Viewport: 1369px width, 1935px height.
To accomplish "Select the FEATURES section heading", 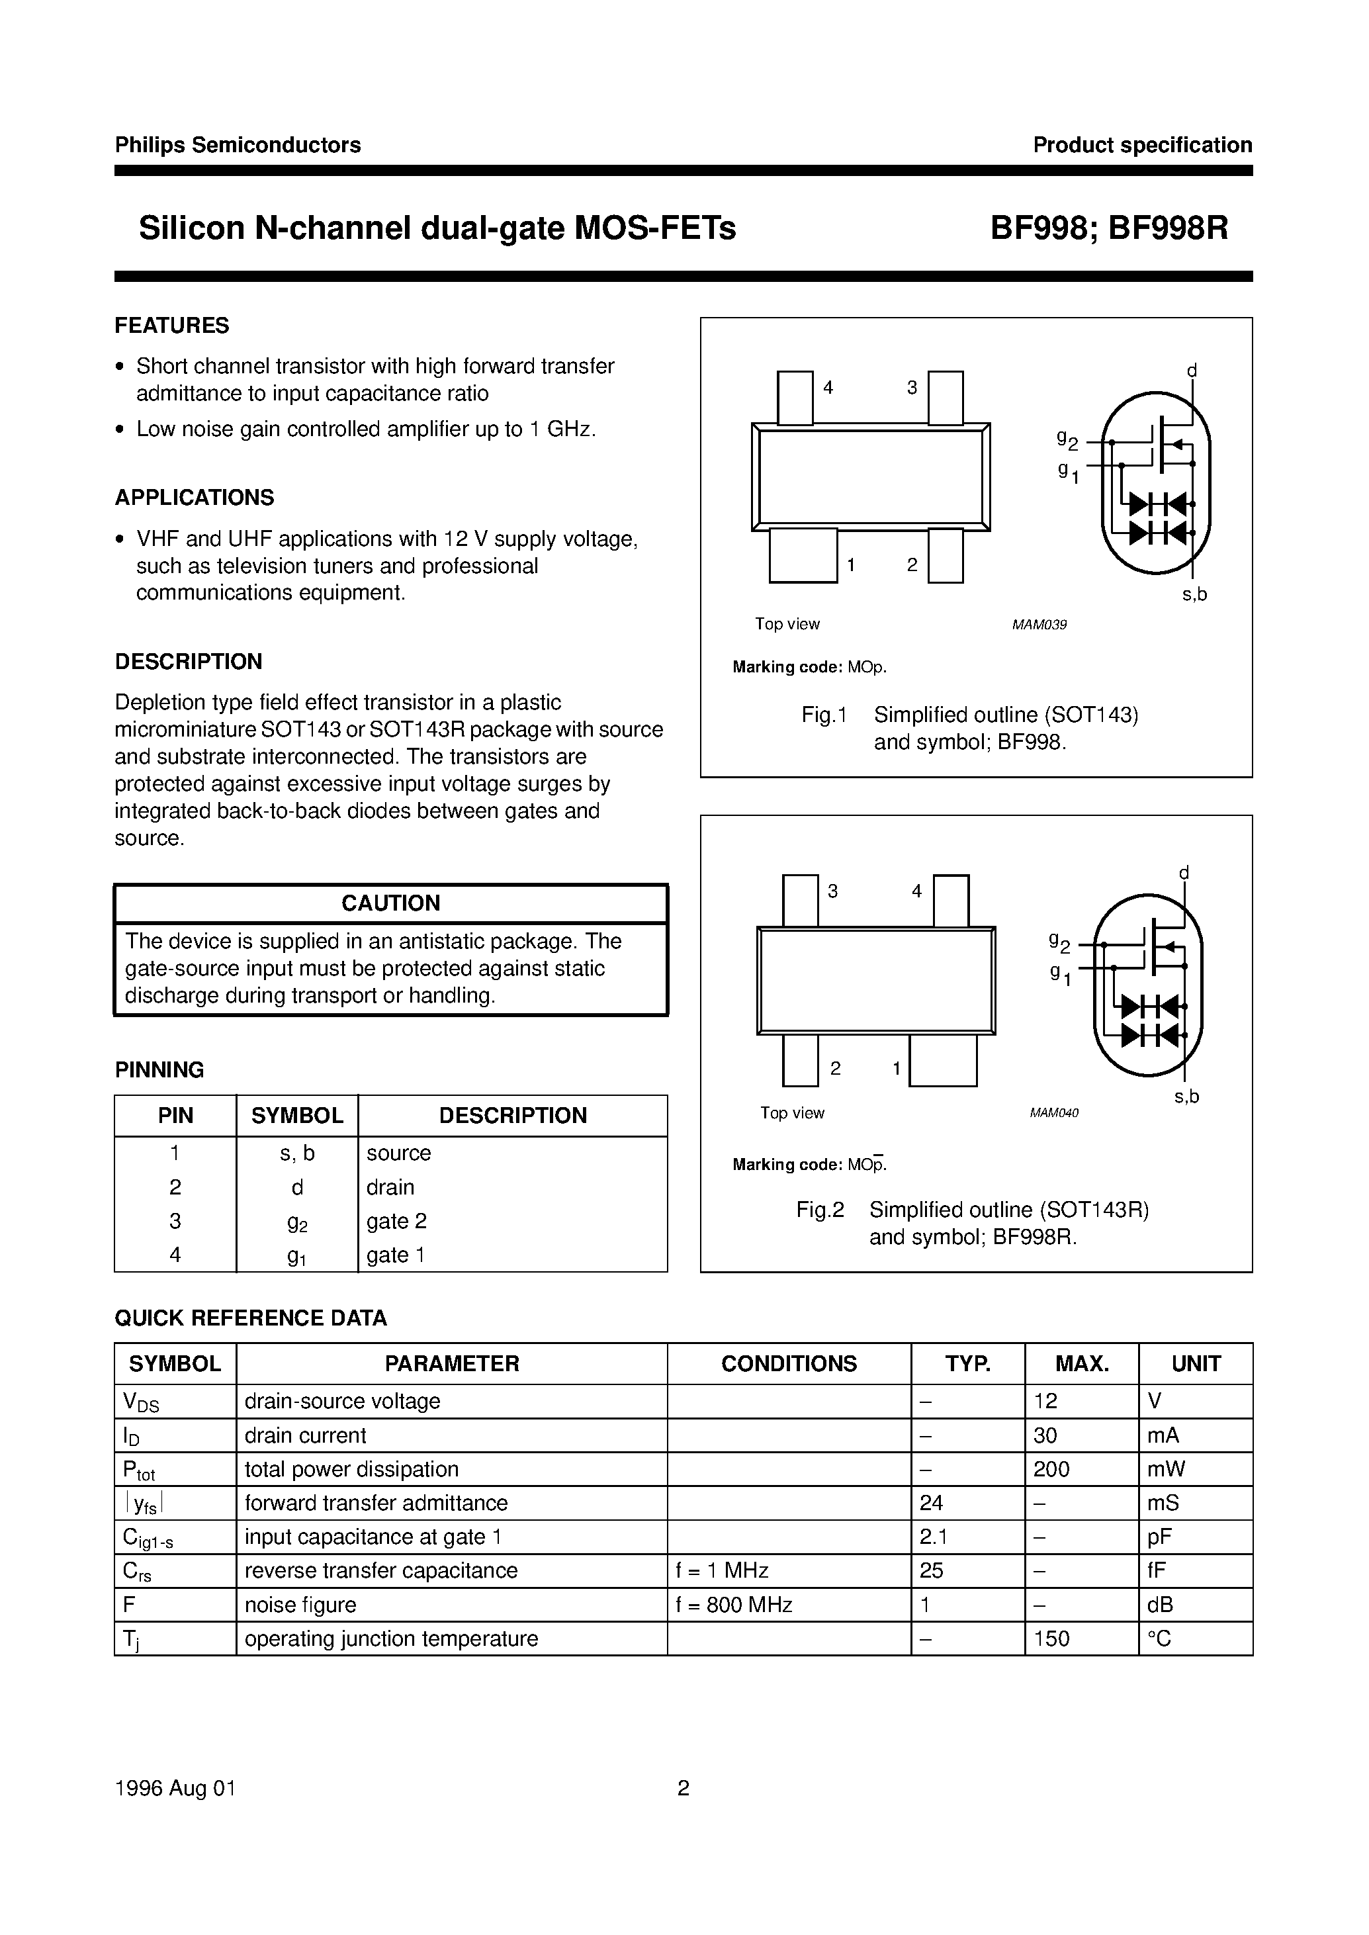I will tap(172, 326).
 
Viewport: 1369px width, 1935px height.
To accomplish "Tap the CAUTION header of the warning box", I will tap(390, 903).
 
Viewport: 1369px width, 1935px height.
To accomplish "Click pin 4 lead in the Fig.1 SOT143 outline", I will tap(794, 397).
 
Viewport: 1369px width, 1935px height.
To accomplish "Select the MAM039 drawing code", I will tap(1039, 625).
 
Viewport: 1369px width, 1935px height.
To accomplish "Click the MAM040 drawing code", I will tap(1054, 1113).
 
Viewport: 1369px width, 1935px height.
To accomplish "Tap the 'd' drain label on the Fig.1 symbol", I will tap(1192, 371).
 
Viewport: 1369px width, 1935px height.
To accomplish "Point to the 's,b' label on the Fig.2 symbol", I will tap(1186, 1096).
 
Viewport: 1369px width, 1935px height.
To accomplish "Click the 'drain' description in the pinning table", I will tap(390, 1187).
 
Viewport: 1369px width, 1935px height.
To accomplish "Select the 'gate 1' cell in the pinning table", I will tap(396, 1255).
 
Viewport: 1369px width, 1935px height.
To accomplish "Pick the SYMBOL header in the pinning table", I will tap(296, 1116).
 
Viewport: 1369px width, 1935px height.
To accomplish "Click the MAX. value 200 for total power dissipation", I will tap(1051, 1470).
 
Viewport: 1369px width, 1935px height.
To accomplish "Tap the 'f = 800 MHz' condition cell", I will tap(733, 1605).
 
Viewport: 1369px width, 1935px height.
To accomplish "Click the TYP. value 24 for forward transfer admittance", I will tap(932, 1504).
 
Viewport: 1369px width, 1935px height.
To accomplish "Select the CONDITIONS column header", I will tap(788, 1364).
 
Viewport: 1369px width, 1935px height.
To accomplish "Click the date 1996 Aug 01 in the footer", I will tap(175, 1788).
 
